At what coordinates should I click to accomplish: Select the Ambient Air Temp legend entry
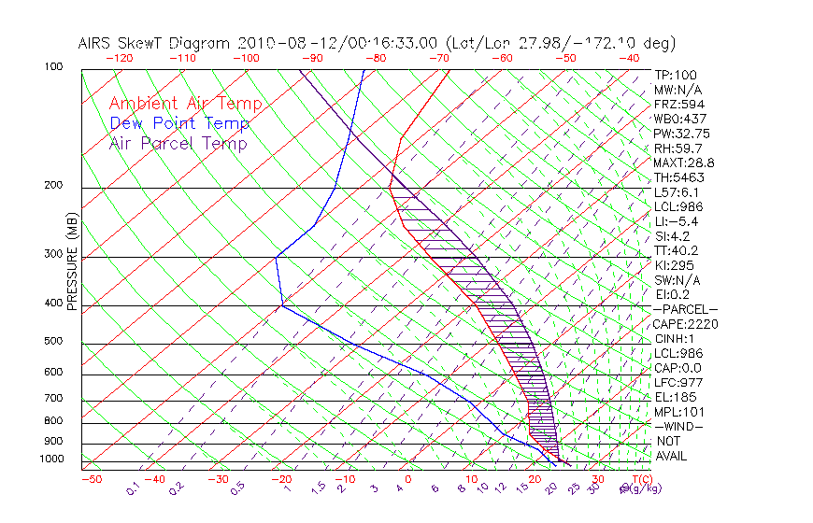click(x=185, y=104)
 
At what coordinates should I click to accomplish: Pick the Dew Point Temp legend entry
click(x=179, y=123)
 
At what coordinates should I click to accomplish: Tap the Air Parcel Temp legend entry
click(x=178, y=143)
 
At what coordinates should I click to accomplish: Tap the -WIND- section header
click(x=678, y=426)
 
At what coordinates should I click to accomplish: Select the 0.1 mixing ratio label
click(x=134, y=488)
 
